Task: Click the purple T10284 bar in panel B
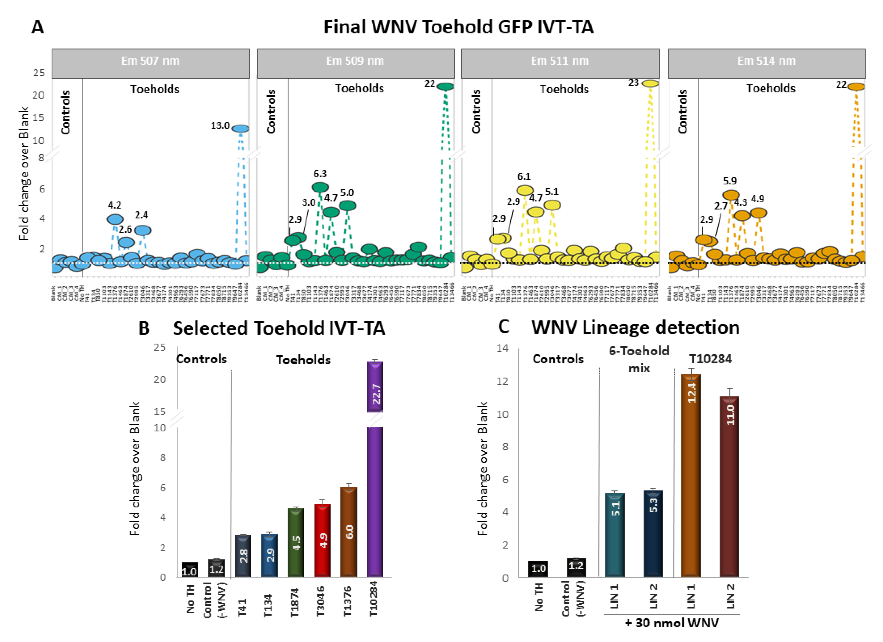375,486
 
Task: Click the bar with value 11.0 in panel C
729,486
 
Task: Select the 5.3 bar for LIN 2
653,533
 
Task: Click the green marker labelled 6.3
320,187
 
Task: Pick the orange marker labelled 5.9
731,195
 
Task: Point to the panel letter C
503,327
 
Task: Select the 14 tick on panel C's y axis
502,348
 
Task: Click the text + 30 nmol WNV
671,623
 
